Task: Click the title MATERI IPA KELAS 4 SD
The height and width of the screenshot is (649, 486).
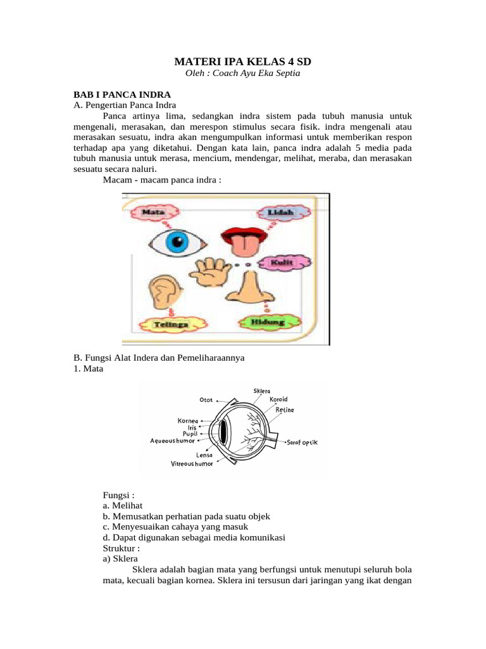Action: [243, 62]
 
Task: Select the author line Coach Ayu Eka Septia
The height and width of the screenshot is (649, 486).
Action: [243, 74]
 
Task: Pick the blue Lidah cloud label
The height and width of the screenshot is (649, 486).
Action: [280, 214]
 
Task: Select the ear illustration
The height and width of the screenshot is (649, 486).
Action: [166, 292]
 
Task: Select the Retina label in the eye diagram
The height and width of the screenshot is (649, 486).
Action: [285, 410]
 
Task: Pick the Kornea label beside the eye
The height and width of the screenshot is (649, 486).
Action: [189, 420]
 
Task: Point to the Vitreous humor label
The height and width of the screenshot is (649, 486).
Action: [192, 464]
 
